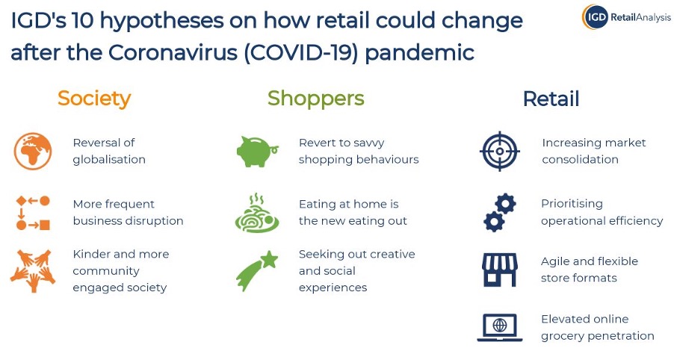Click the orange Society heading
(94, 99)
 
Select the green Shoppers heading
(315, 99)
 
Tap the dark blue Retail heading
(551, 99)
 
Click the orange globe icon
(33, 151)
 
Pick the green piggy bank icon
(257, 151)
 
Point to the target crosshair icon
(499, 151)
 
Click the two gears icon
(499, 213)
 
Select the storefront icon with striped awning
(499, 270)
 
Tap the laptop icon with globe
(499, 327)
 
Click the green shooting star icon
(256, 271)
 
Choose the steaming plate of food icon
(257, 214)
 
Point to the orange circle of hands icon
(33, 271)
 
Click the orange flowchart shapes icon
(33, 213)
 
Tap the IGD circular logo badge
(596, 16)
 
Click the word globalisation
(109, 159)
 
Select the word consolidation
(580, 159)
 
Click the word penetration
(625, 336)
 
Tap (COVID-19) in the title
(301, 53)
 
